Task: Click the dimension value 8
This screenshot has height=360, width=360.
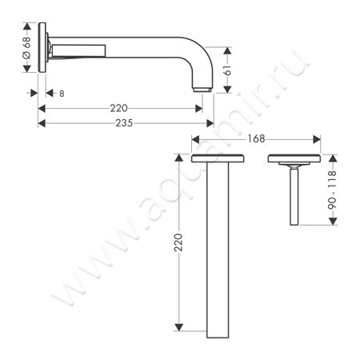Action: tap(61, 94)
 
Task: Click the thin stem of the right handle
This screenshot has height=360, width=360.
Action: tap(294, 196)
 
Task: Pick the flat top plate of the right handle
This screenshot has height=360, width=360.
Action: tap(294, 158)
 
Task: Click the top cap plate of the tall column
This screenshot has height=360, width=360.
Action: tap(218, 158)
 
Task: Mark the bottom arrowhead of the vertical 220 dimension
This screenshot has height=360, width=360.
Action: tap(179, 328)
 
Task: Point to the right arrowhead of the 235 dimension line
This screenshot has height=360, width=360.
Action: tap(210, 123)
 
